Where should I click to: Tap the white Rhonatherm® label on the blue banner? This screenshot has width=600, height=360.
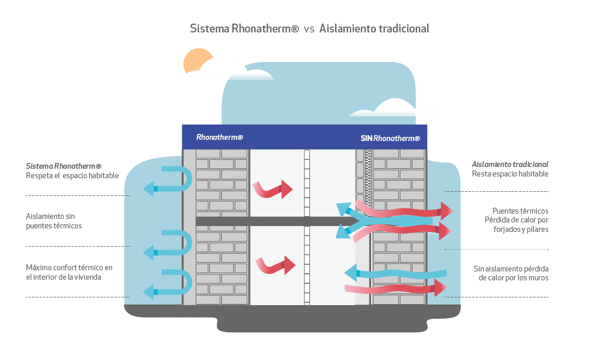tap(219, 138)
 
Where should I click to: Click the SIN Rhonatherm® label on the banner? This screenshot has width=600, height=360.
tap(390, 138)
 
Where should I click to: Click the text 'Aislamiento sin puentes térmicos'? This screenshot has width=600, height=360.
tap(54, 221)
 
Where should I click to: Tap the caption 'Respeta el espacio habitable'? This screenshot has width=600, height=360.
tap(73, 176)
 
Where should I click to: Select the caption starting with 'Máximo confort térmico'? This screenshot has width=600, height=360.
tap(69, 272)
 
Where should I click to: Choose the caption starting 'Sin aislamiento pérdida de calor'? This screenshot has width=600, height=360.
tap(512, 273)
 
